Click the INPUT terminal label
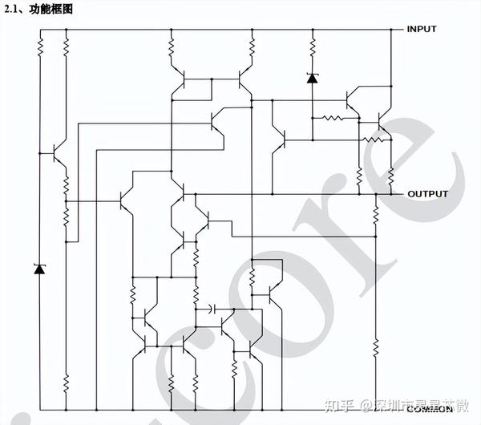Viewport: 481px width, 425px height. click(422, 30)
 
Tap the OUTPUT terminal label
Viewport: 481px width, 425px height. click(427, 194)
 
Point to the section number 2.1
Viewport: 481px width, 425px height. click(12, 10)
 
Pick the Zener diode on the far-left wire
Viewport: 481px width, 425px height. click(38, 269)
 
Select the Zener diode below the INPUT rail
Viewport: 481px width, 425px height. click(312, 78)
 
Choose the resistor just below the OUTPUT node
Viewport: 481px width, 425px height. click(375, 212)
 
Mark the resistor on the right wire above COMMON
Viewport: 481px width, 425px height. click(375, 346)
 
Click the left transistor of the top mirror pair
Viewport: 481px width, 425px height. click(182, 80)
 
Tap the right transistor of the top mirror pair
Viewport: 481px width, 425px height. click(243, 80)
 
